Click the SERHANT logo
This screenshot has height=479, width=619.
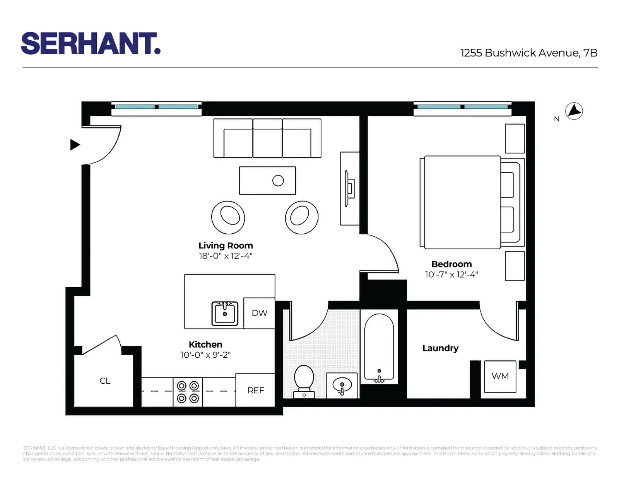click(91, 43)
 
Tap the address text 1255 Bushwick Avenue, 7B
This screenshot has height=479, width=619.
click(528, 53)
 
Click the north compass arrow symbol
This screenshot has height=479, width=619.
click(574, 111)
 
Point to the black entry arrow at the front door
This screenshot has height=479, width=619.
click(75, 145)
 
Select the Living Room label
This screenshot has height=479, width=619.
click(226, 246)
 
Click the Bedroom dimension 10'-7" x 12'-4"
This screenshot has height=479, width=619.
click(451, 274)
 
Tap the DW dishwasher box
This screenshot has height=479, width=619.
click(259, 313)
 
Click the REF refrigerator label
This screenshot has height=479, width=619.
click(256, 391)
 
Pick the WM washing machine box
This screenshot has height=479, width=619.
click(500, 376)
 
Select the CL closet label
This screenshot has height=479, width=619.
click(105, 381)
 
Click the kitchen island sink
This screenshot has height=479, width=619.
click(224, 313)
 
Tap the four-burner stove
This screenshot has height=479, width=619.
click(188, 392)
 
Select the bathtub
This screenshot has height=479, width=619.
click(379, 348)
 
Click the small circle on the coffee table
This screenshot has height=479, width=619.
click(278, 181)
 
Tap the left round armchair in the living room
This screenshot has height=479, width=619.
click(228, 217)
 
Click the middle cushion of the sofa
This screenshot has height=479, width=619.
click(267, 138)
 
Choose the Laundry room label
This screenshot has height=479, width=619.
click(440, 348)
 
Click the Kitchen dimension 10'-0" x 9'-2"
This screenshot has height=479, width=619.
click(205, 355)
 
